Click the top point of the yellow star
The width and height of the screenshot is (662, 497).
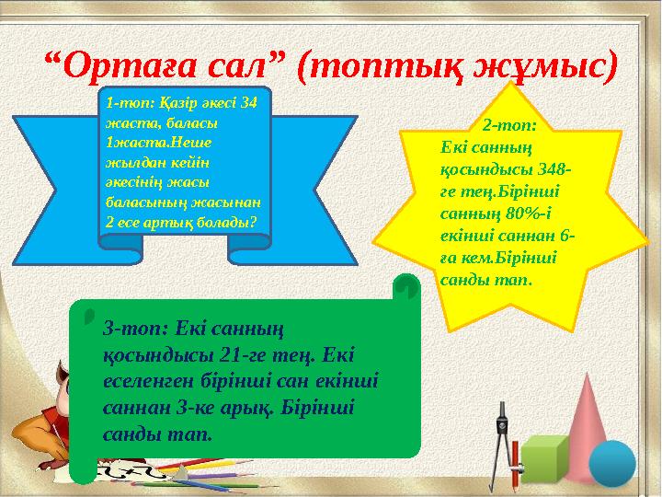click(x=511, y=85)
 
